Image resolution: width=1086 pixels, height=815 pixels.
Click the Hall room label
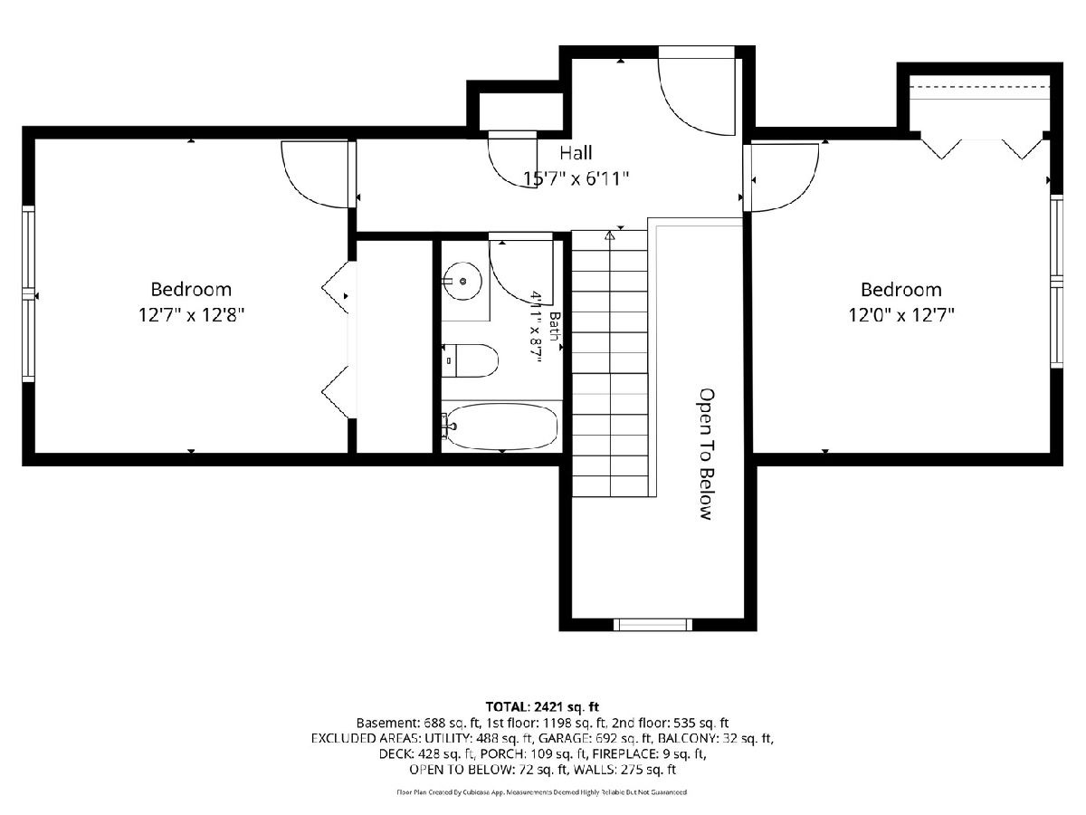576,153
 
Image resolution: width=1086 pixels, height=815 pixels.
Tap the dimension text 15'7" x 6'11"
576,178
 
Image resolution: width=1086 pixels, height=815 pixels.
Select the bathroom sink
462,282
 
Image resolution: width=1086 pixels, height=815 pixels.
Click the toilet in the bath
470,360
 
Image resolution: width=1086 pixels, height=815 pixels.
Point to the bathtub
500,427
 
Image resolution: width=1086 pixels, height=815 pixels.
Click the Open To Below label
707,455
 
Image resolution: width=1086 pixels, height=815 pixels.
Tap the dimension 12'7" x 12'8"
192,315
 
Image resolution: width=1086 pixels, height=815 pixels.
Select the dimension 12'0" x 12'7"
901,315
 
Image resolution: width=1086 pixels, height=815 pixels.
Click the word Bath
555,327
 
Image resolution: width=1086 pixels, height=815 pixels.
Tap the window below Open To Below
653,625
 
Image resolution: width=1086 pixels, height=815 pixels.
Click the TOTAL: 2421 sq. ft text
542,706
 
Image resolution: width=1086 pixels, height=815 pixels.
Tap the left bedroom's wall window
29,294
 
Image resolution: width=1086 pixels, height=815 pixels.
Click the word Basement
380,723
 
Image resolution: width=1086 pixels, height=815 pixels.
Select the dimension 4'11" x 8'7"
536,327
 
